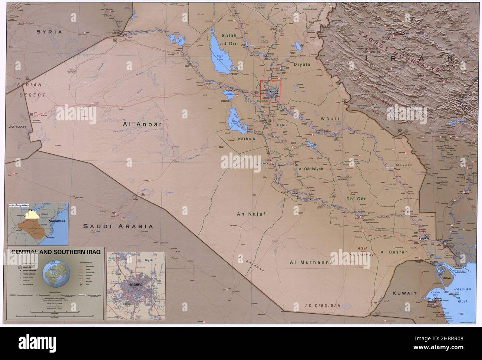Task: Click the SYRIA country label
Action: (x=49, y=32)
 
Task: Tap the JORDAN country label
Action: (x=18, y=127)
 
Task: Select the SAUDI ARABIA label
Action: (x=118, y=226)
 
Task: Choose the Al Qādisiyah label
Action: (x=311, y=168)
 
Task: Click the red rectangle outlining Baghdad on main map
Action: (x=270, y=91)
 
